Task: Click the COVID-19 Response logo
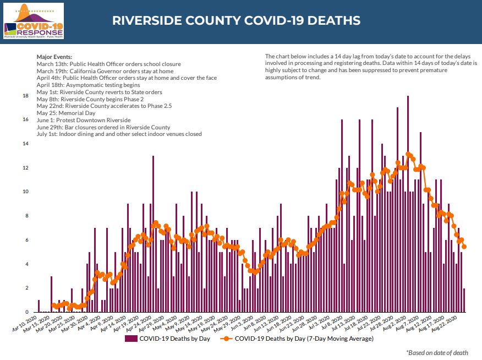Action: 34,21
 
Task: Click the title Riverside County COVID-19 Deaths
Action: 236,21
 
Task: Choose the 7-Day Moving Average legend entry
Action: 304,339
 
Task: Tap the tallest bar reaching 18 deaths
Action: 408,204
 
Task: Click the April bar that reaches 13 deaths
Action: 153,234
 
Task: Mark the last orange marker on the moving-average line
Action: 464,247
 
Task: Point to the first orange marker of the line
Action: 54,305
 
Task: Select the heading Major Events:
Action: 54,57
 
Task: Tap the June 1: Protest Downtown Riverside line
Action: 83,120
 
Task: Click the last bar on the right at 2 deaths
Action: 464,300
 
